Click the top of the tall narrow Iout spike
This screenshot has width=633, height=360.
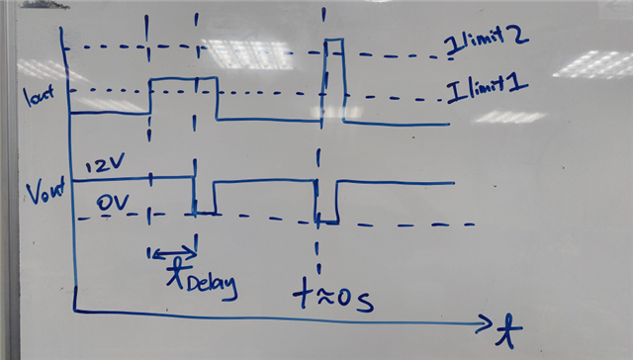point(334,40)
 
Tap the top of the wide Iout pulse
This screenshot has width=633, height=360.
point(183,77)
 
